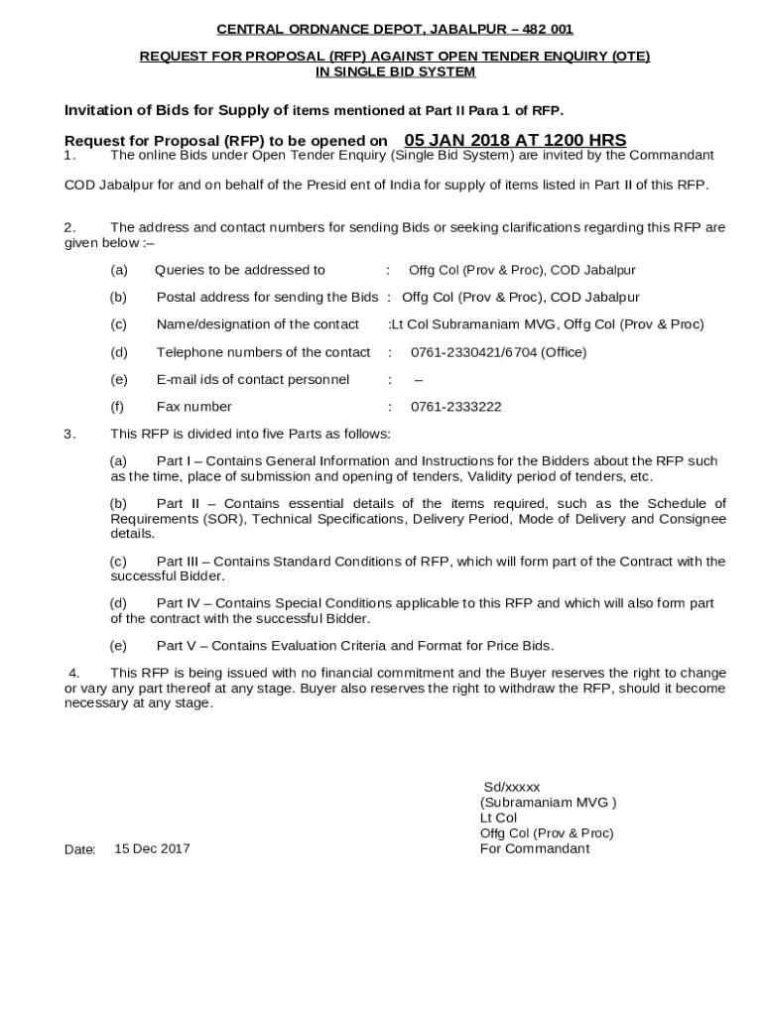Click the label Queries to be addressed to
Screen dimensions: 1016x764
240,270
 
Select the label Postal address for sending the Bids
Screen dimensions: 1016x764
267,297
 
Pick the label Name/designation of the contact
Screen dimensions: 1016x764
258,324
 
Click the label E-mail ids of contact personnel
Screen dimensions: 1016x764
253,379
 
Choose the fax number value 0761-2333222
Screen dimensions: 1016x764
456,407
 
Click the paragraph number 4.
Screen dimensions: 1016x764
72,673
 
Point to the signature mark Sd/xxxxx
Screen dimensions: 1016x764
512,787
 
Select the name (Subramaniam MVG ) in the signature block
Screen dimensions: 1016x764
549,803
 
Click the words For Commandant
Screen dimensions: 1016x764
535,848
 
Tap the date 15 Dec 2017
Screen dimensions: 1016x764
152,848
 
